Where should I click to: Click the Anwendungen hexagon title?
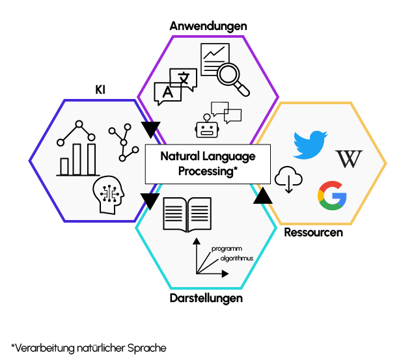[x=208, y=26]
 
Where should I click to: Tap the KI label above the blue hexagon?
[x=100, y=90]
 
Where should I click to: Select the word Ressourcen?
[x=313, y=232]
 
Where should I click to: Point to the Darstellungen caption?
[x=208, y=299]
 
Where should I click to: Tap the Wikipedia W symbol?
[x=348, y=159]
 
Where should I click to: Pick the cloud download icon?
[x=288, y=179]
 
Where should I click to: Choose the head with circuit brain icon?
[x=108, y=194]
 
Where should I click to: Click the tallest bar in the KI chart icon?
[x=91, y=159]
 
